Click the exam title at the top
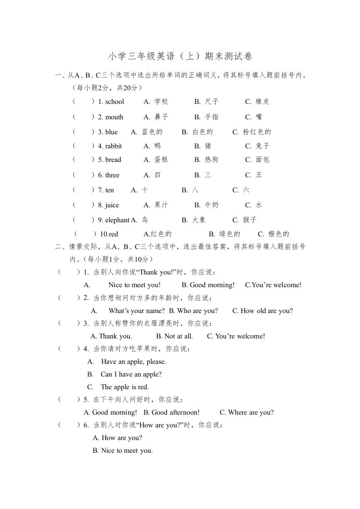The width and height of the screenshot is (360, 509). [180, 56]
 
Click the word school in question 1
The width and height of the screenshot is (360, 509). [114, 102]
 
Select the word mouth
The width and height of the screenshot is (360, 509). [114, 117]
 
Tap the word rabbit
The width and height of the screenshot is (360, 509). [113, 146]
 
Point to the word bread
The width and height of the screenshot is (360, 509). [113, 160]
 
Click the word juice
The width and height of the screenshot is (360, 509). [112, 205]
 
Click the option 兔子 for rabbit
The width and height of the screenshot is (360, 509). [262, 146]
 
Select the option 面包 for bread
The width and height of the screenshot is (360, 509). [262, 160]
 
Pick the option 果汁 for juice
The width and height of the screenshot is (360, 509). [161, 205]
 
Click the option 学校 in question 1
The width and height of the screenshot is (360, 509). [161, 102]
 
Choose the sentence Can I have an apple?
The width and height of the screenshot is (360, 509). [131, 374]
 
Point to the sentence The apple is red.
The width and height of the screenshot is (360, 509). [125, 387]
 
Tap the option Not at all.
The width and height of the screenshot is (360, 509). [178, 336]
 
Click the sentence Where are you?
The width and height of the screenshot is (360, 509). [251, 412]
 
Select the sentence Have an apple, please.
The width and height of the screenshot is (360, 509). [133, 362]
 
